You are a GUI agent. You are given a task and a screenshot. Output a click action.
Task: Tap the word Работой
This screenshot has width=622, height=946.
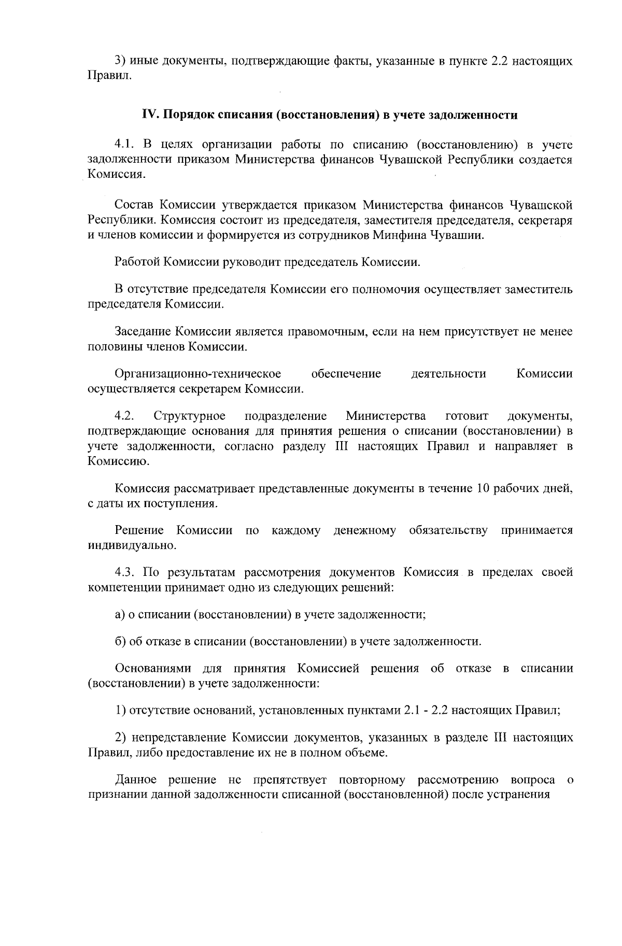click(137, 262)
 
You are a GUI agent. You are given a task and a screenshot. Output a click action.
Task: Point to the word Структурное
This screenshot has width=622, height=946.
click(189, 416)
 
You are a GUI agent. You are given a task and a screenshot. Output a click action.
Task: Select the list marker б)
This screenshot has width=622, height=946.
click(120, 642)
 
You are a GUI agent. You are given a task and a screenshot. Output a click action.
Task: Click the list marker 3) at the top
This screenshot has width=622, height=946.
click(120, 62)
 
